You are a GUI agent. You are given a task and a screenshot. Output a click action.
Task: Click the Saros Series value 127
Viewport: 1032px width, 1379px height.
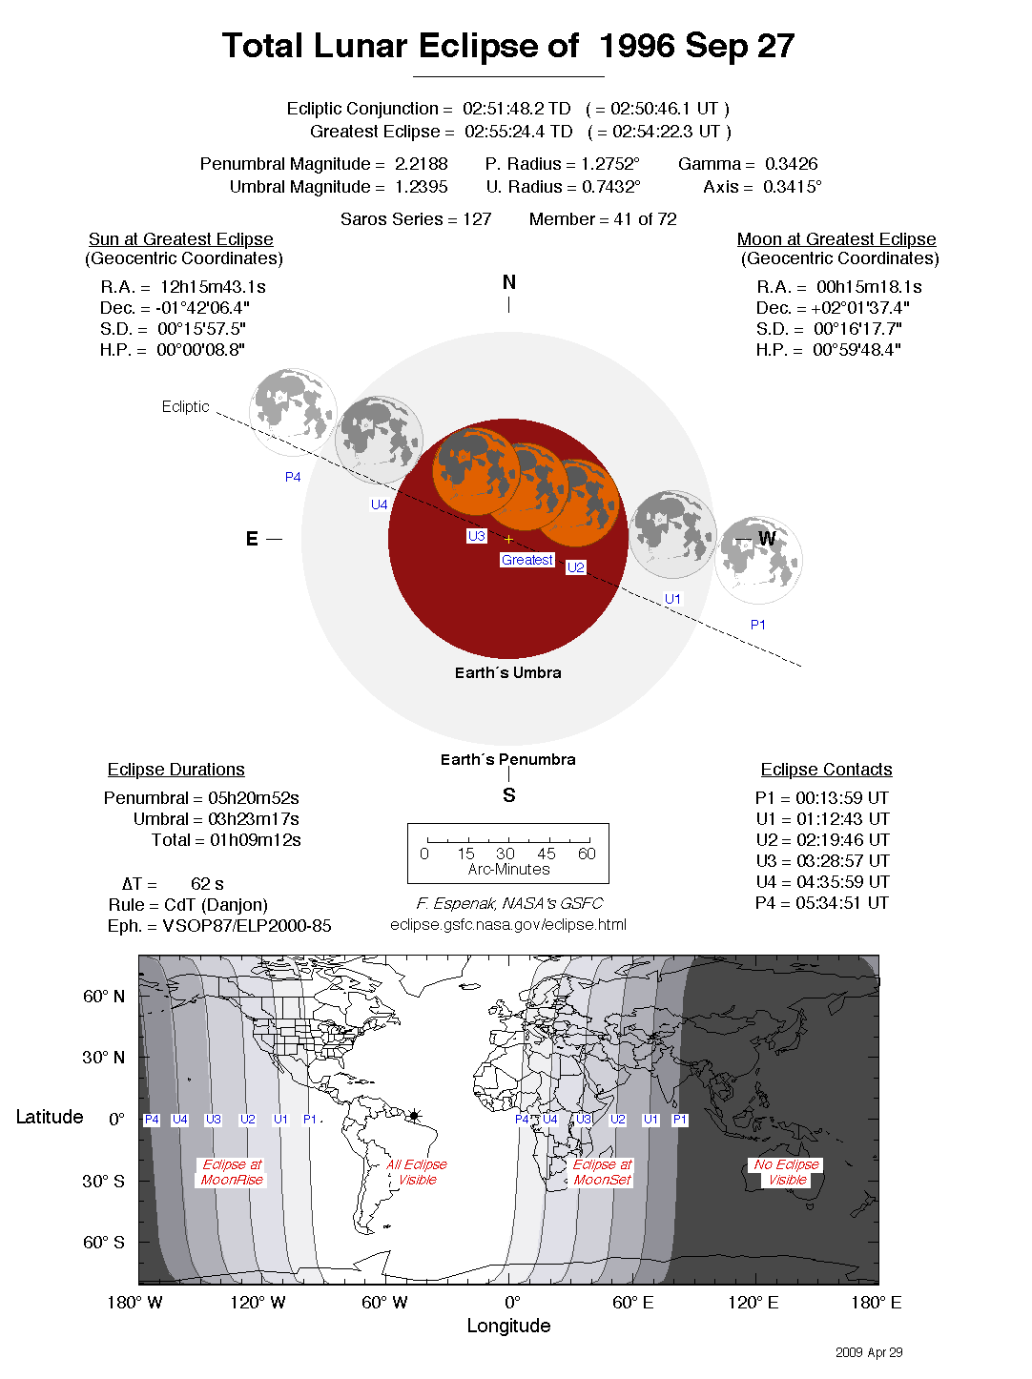click(477, 219)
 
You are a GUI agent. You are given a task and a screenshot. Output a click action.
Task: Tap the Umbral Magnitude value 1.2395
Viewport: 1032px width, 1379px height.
click(421, 187)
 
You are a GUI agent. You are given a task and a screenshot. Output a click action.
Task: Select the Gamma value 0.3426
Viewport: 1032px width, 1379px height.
click(791, 164)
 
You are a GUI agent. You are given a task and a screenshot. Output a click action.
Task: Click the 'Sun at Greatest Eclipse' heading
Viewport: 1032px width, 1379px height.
click(181, 239)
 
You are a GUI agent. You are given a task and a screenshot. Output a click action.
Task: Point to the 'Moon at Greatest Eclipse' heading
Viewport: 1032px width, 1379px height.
click(836, 239)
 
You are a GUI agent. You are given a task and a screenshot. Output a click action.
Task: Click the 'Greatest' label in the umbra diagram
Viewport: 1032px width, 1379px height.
click(527, 560)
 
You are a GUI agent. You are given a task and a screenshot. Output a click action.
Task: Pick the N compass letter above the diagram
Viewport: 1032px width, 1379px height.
click(509, 282)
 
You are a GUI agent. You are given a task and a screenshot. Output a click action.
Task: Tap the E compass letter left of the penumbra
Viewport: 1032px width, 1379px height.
click(252, 539)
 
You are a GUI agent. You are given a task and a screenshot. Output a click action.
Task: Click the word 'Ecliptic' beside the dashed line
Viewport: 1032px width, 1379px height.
click(185, 406)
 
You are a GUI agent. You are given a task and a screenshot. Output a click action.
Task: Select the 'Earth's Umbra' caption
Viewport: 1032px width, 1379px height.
click(508, 672)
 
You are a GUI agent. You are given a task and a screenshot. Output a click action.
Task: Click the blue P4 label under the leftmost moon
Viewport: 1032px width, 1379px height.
click(293, 477)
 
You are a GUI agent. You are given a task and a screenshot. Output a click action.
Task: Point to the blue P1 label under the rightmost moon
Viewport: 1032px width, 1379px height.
click(758, 625)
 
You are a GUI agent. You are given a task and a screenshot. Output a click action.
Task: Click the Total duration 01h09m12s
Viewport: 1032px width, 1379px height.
click(255, 840)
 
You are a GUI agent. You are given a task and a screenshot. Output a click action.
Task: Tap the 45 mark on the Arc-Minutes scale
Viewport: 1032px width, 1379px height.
click(547, 854)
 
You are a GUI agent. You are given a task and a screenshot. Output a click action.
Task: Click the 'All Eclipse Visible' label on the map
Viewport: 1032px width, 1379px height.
click(417, 1172)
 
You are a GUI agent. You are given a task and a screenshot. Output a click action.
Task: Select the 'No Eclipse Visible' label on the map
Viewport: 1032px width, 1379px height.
click(787, 1172)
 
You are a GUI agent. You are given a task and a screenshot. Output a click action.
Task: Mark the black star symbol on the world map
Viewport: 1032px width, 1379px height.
click(415, 1115)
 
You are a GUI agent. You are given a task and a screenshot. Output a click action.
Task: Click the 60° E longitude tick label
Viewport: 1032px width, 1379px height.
click(633, 1303)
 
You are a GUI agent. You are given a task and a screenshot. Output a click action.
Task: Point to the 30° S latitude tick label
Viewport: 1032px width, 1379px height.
click(103, 1181)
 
